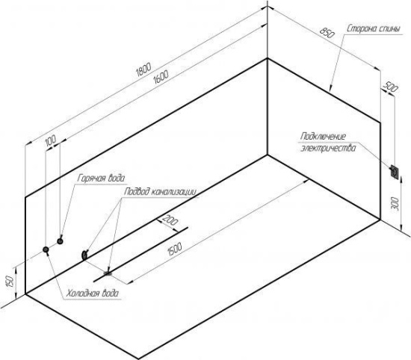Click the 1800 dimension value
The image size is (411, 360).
pos(144,69)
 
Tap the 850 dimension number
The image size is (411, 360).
pos(327,33)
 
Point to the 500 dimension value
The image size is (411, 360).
pos(391,87)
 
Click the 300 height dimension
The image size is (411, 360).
pos(395,204)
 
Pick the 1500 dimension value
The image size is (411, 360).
pos(174,249)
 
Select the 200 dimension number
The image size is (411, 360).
pos(170,220)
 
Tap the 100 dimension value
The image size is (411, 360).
pos(51,140)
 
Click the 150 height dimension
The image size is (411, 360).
pos(10,282)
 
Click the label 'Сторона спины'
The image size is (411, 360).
pos(374,29)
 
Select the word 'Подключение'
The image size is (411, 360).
pos(323,136)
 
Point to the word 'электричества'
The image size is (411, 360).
pos(328,148)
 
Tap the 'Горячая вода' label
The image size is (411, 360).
pos(101,179)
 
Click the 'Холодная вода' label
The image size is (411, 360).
pos(92,294)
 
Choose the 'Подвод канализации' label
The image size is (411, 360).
pos(160,192)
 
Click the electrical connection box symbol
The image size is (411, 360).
pos(395,172)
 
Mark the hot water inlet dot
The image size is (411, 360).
pos(60,241)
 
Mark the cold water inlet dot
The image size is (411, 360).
pos(46,249)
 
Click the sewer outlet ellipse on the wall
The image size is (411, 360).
pos(84,255)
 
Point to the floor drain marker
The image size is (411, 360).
pos(108,273)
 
